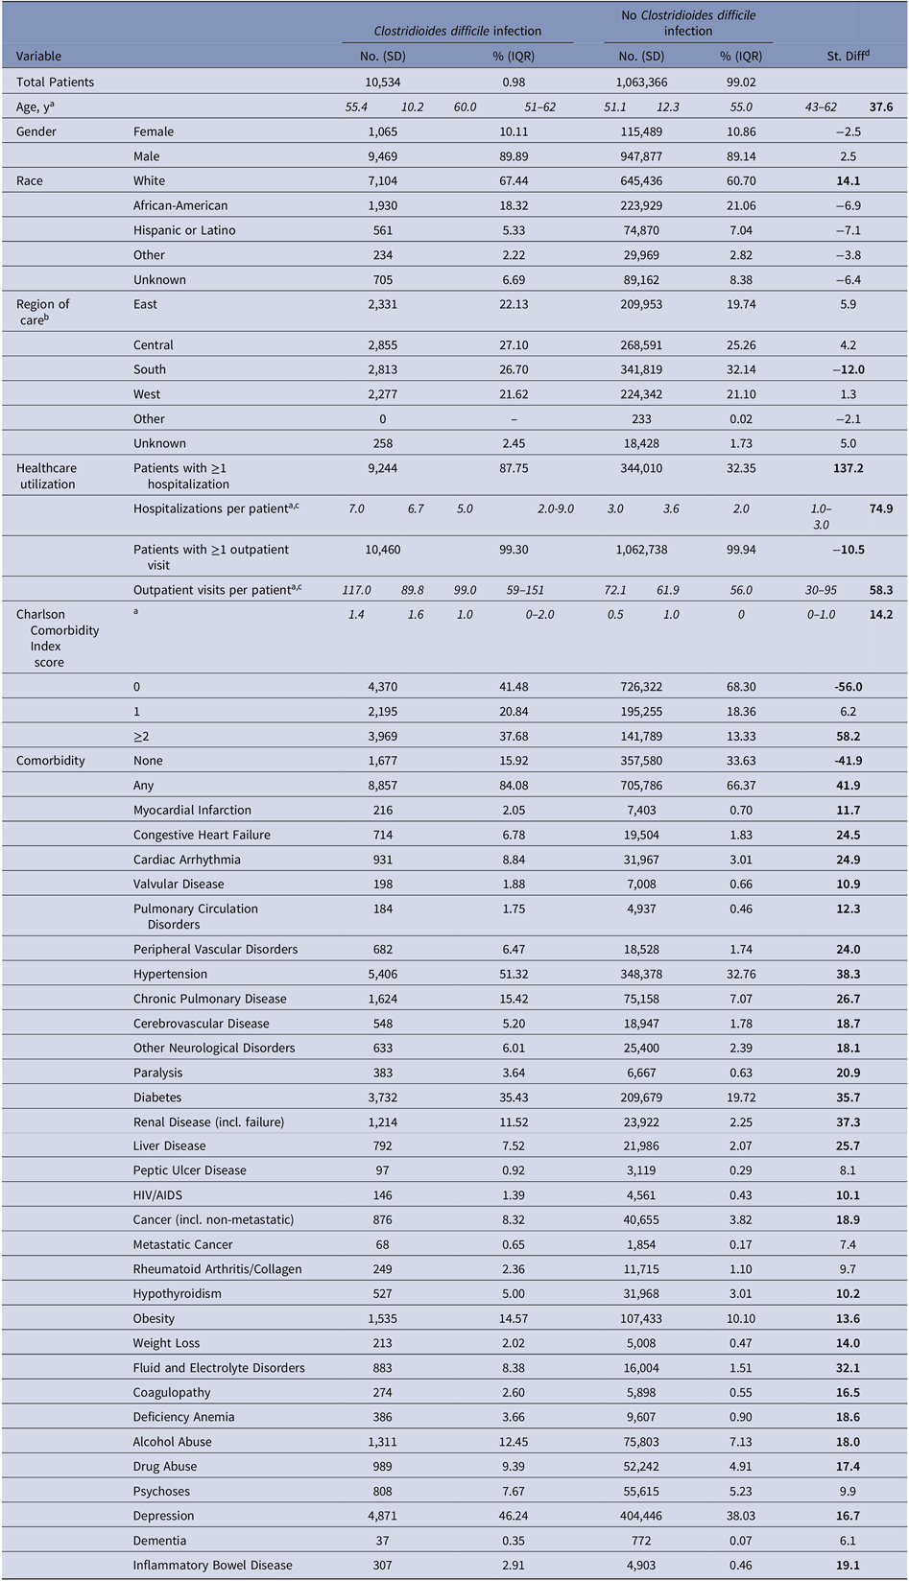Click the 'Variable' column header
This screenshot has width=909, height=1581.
[x=39, y=57]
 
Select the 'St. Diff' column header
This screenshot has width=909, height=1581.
[x=849, y=57]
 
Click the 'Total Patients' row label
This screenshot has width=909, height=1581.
[x=55, y=83]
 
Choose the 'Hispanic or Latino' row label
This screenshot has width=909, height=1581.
[x=184, y=230]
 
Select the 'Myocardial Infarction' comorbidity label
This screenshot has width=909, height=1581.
[x=192, y=811]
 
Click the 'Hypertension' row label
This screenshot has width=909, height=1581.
[x=170, y=974]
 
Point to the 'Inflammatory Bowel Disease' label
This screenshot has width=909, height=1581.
[x=213, y=1565]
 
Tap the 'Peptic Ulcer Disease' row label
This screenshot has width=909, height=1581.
[x=190, y=1170]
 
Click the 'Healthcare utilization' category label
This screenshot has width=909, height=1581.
[x=47, y=476]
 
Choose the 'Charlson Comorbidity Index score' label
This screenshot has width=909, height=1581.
[x=58, y=638]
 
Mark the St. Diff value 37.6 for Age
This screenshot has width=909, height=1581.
[x=881, y=107]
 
